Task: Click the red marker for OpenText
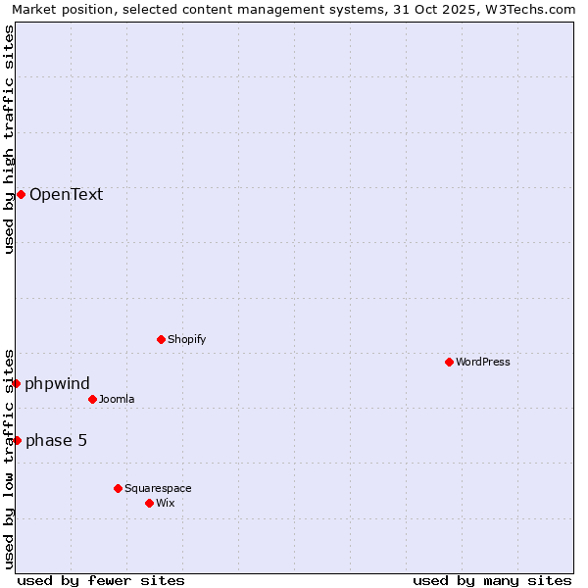click(21, 194)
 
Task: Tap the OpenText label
click(66, 194)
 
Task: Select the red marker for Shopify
click(161, 339)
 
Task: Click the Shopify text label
click(186, 339)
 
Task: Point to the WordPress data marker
click(449, 362)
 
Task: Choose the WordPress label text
click(482, 362)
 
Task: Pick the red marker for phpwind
click(17, 383)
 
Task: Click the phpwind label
click(57, 383)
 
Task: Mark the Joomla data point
click(92, 399)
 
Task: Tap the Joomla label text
click(117, 399)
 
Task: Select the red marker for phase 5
click(17, 440)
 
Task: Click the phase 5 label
click(56, 440)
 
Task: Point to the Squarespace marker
click(118, 488)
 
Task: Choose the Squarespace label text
click(158, 488)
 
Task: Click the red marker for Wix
click(149, 503)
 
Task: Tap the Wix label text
click(165, 503)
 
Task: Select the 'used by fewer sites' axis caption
click(101, 580)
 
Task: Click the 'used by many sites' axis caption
click(492, 580)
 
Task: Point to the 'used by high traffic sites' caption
click(9, 139)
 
